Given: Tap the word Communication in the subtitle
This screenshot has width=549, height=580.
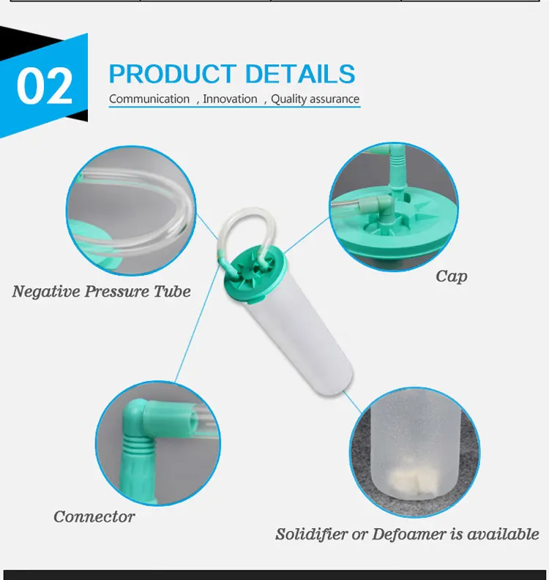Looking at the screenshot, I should [x=149, y=99].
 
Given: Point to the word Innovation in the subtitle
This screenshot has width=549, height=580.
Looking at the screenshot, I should [x=230, y=99].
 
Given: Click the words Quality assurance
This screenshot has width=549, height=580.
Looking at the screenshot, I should [x=315, y=99].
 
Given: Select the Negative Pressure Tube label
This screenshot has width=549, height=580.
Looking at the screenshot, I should [x=101, y=292].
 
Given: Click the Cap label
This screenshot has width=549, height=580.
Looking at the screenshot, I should [x=451, y=276].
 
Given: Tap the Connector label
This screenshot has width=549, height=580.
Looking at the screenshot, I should [x=94, y=517].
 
